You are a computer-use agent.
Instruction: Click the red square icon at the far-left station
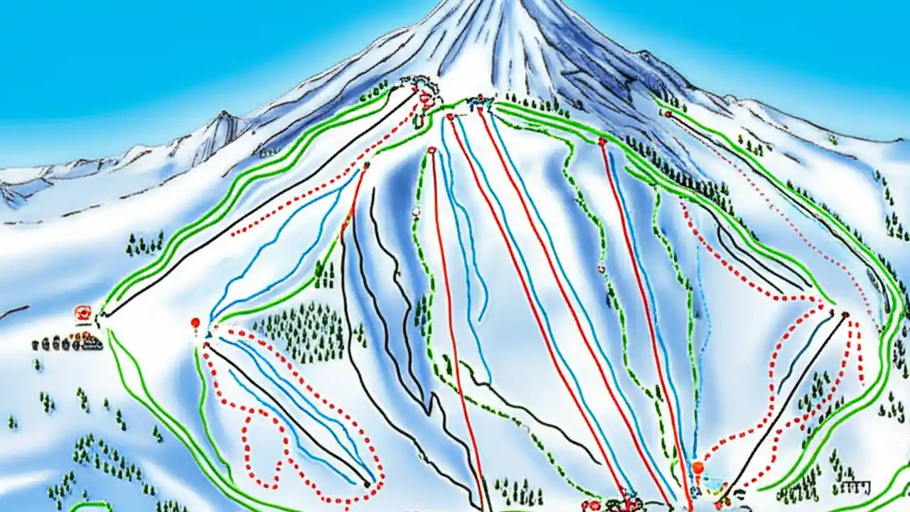point(83,312)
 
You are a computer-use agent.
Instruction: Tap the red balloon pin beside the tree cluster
point(195,324)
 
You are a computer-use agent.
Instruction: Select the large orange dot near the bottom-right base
point(698,468)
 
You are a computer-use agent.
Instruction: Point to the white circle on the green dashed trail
point(416,211)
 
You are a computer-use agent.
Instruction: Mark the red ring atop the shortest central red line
point(432,150)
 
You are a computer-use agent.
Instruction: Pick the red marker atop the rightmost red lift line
point(602,142)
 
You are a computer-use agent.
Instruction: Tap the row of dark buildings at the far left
point(68,344)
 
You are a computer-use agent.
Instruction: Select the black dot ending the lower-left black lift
point(368,484)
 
